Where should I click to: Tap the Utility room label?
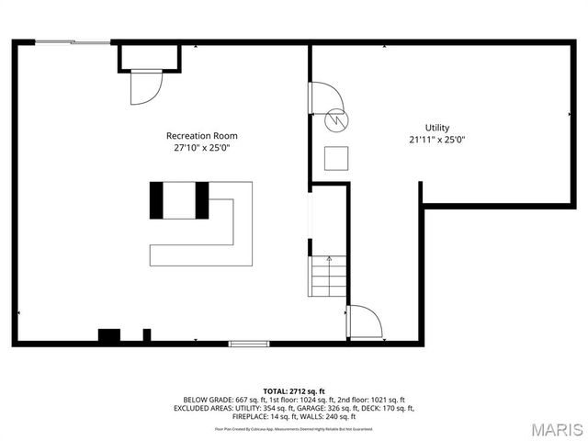pyautogui.click(x=436, y=127)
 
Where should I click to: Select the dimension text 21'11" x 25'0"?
pyautogui.click(x=436, y=140)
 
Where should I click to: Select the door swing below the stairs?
pyautogui.click(x=365, y=322)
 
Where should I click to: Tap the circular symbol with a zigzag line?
pyautogui.click(x=337, y=119)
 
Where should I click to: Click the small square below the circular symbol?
pyautogui.click(x=337, y=158)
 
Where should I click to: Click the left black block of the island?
pyautogui.click(x=156, y=200)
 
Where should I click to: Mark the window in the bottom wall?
pyautogui.click(x=248, y=345)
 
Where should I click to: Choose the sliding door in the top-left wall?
pyautogui.click(x=73, y=42)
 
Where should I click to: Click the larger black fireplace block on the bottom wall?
pyautogui.click(x=108, y=336)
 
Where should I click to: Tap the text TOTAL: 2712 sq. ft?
pyautogui.click(x=294, y=391)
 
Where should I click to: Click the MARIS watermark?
pyautogui.click(x=557, y=429)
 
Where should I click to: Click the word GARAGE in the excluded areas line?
pyautogui.click(x=320, y=409)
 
